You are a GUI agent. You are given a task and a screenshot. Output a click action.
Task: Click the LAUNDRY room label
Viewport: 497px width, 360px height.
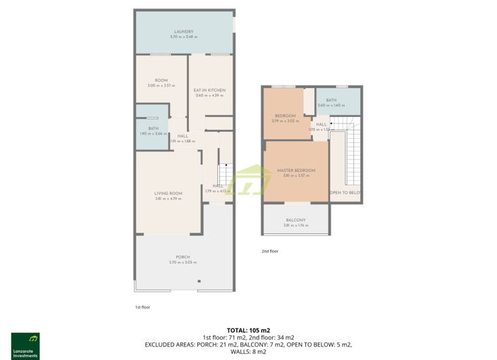tap(183, 32)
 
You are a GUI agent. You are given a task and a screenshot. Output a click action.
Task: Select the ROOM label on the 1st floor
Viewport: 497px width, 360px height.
tap(161, 80)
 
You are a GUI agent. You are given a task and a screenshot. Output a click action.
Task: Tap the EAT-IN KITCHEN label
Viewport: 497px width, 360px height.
tap(209, 90)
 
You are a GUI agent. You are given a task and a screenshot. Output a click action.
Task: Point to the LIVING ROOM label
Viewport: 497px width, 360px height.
tap(168, 193)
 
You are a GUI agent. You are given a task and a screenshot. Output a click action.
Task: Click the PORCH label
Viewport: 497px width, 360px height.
tap(183, 257)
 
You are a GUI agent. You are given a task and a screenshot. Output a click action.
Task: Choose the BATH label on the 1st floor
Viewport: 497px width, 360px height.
tap(153, 128)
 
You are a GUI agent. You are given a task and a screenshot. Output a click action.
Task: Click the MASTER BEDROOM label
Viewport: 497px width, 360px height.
tap(295, 170)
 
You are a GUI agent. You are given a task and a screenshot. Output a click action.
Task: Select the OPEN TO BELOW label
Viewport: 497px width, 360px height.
tap(345, 192)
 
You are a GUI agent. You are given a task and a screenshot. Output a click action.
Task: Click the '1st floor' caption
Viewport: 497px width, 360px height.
tap(142, 307)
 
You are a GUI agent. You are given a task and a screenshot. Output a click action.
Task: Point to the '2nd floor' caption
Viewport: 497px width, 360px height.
tap(270, 251)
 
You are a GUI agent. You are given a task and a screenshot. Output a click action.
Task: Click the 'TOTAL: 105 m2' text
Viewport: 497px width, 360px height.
tap(248, 330)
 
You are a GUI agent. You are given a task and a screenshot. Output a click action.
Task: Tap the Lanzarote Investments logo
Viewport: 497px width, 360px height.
tap(25, 345)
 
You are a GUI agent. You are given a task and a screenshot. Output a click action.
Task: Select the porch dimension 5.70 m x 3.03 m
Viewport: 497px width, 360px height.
tap(183, 262)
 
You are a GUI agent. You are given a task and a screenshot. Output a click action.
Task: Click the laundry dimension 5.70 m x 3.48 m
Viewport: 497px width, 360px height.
tap(183, 37)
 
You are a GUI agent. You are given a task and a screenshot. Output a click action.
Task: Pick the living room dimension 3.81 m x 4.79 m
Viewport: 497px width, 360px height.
tap(168, 199)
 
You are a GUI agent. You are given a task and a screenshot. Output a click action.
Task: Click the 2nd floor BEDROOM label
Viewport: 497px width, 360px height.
tap(285, 116)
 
